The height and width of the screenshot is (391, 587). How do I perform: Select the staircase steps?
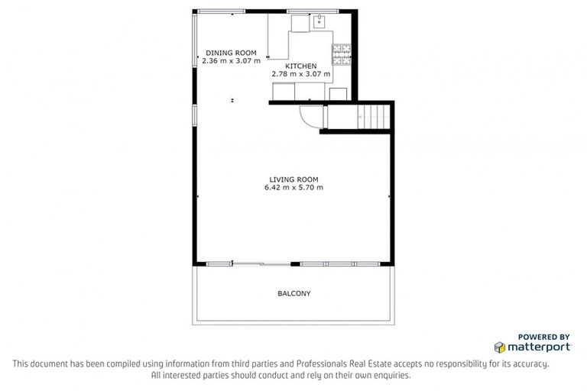click(375, 117)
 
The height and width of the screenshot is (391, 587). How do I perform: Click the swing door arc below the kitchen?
click(310, 116)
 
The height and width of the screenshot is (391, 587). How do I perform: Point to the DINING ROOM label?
click(230, 53)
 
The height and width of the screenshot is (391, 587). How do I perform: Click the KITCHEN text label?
click(301, 66)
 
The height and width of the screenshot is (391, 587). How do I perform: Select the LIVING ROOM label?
click(293, 179)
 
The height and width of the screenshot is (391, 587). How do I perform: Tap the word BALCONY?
click(294, 293)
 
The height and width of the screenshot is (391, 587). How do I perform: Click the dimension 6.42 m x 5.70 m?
click(293, 187)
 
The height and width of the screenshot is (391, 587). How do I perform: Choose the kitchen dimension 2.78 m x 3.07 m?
click(301, 75)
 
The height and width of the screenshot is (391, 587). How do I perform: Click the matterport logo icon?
click(500, 347)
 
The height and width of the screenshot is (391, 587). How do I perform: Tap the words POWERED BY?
click(543, 336)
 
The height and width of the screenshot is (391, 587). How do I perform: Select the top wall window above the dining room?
click(220, 11)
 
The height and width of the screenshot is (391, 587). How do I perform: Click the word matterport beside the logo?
click(539, 347)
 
